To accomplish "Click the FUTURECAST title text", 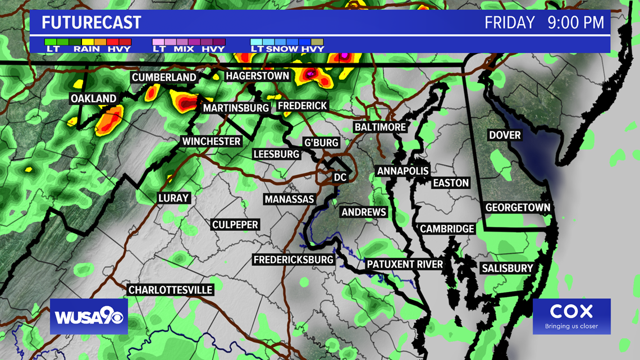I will tap(92, 23).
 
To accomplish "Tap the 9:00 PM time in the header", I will tap(576, 23).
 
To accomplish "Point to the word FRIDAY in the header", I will tap(510, 23).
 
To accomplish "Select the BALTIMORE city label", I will tap(380, 127).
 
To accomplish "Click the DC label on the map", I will tap(340, 177).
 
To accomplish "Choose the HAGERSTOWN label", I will tap(257, 76).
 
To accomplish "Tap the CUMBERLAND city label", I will tap(164, 78).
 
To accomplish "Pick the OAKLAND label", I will tap(93, 99).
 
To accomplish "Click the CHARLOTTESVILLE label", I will tap(171, 290).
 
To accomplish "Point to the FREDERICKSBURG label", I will tap(294, 260).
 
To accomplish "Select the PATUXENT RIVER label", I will tap(405, 264).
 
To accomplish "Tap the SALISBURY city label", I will tap(507, 268).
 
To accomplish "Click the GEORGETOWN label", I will tap(518, 208).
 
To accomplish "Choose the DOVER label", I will tap(505, 135).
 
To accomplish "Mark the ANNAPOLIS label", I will tap(403, 171).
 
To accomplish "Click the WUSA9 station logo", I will tap(89, 316).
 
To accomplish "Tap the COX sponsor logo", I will tap(572, 316).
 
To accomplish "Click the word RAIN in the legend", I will tap(86, 49).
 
